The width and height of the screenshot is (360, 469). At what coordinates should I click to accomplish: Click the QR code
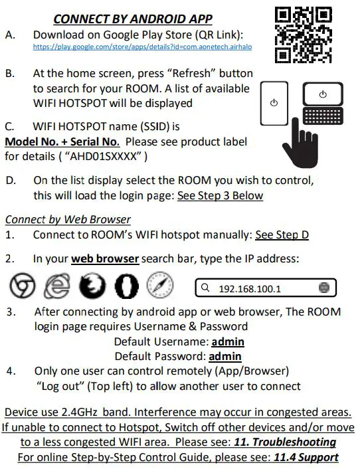click(x=304, y=35)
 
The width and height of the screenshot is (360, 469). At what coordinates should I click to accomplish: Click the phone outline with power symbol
click(x=274, y=104)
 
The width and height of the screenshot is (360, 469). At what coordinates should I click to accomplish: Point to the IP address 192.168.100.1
click(x=250, y=288)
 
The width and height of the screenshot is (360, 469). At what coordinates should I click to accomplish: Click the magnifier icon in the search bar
click(x=206, y=288)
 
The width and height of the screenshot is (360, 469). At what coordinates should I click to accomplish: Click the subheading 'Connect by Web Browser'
click(x=68, y=219)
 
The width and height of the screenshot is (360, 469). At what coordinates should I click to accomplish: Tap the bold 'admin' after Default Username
click(x=227, y=342)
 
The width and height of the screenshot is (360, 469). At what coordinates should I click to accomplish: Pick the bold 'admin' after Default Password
click(x=225, y=357)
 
